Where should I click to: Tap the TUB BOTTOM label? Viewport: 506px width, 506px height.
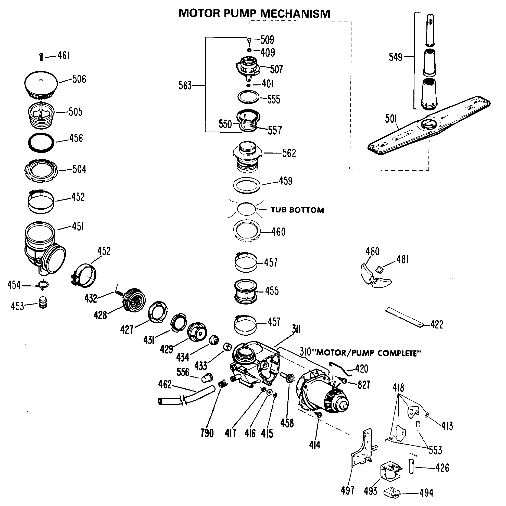pos(297,210)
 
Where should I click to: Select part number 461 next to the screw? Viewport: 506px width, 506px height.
pos(64,56)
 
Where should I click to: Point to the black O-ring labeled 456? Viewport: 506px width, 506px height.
pos(41,143)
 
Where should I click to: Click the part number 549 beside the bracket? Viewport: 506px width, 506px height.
pos(395,57)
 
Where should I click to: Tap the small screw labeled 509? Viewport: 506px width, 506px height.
pos(249,41)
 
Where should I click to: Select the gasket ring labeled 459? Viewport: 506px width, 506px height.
pos(247,185)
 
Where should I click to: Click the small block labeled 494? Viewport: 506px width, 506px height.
pos(392,492)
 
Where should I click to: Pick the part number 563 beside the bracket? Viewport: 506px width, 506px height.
pos(185,86)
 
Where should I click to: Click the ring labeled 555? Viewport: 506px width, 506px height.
pos(248,97)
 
